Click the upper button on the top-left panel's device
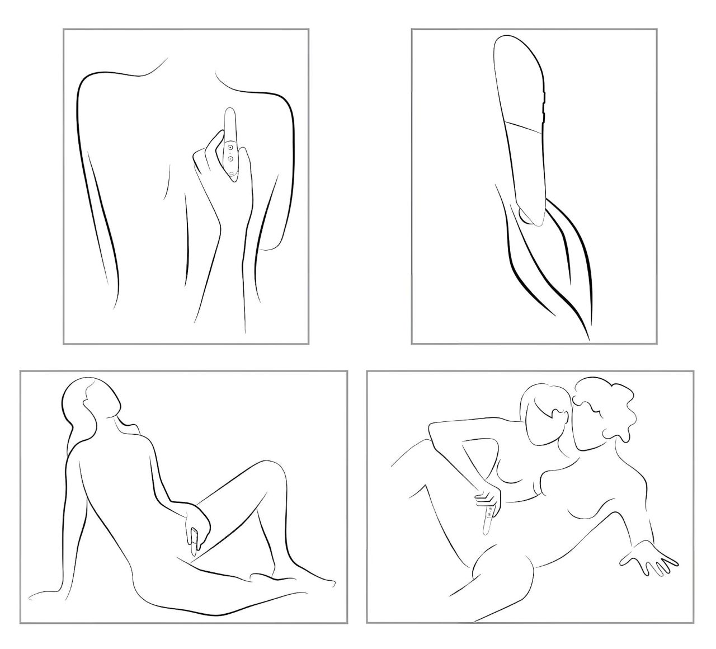(x=229, y=147)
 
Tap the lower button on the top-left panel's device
(x=229, y=158)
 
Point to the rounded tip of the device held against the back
(x=229, y=112)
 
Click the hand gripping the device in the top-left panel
(x=215, y=168)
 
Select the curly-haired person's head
(x=604, y=414)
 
